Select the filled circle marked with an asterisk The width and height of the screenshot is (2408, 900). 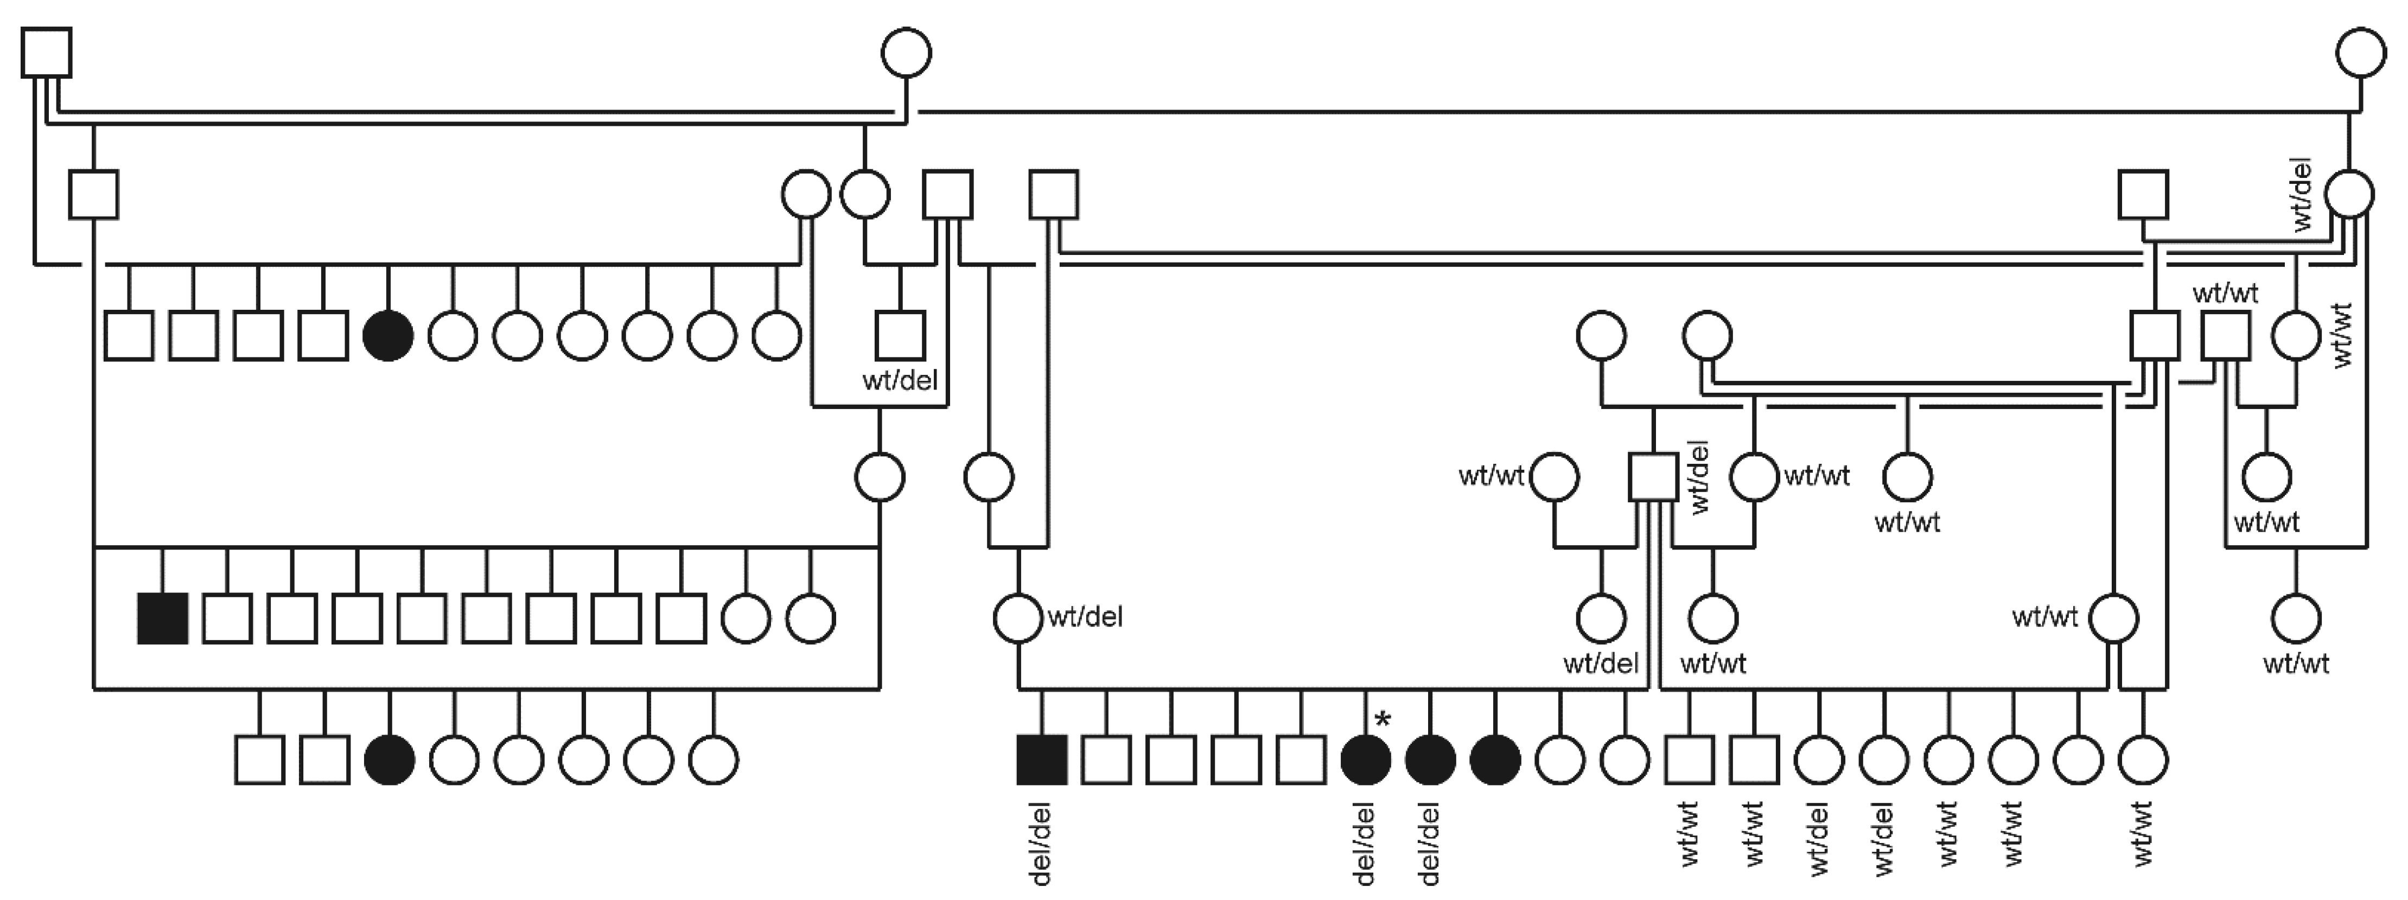pyautogui.click(x=1366, y=760)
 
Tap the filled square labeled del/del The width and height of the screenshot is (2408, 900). pyautogui.click(x=1041, y=760)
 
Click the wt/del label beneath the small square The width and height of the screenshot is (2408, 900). pyautogui.click(x=899, y=380)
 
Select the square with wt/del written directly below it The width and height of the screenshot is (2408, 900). pyautogui.click(x=899, y=335)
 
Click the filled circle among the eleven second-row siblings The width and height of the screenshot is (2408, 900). pyautogui.click(x=388, y=335)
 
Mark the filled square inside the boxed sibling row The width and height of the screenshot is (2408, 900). pyautogui.click(x=163, y=618)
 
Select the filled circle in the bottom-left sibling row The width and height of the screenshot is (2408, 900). pyautogui.click(x=389, y=760)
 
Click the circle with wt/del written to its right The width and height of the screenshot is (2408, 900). pyautogui.click(x=1017, y=618)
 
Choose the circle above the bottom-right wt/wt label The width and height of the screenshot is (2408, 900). pyautogui.click(x=2296, y=618)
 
